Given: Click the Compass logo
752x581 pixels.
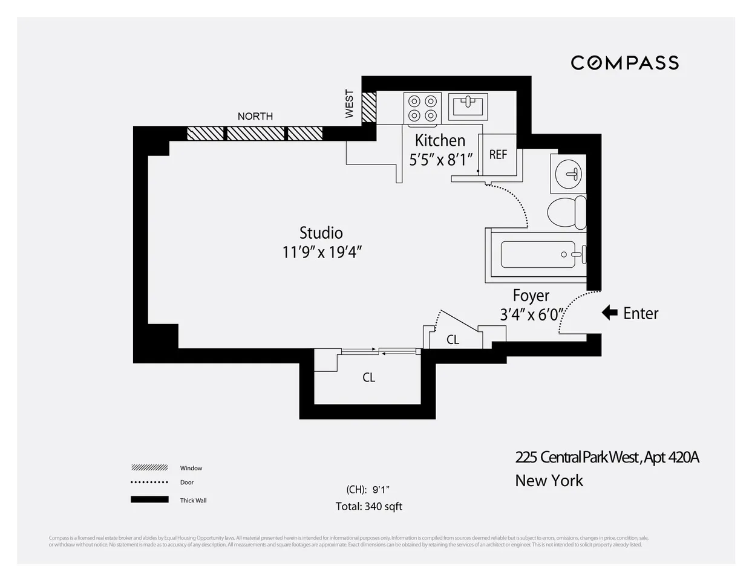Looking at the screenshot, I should click(624, 63).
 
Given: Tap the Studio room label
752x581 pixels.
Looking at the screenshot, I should click(321, 233).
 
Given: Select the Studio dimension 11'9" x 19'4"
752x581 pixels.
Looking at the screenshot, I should click(321, 252).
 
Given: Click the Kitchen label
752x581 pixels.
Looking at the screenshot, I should click(440, 140).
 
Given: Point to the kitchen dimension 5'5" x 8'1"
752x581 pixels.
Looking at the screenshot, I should click(440, 160).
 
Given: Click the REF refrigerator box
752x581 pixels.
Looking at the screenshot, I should click(498, 155).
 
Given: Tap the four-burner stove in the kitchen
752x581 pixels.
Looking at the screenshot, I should click(422, 108).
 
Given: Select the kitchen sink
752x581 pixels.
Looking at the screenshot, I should click(468, 107).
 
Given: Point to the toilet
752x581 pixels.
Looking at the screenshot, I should click(567, 212).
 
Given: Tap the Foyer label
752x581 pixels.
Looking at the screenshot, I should click(531, 296).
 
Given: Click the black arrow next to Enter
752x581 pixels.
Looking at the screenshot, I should click(609, 313).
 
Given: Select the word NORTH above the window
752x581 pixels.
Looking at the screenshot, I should click(255, 116).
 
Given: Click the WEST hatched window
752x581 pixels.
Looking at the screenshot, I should click(368, 107).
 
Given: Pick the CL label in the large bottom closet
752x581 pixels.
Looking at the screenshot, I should click(368, 377).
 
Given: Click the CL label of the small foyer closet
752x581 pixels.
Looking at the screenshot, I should click(453, 340).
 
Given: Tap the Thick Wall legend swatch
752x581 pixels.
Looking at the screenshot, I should click(149, 499).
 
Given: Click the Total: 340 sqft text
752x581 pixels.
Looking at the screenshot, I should click(368, 506).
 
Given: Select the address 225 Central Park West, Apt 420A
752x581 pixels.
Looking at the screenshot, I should click(607, 457).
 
